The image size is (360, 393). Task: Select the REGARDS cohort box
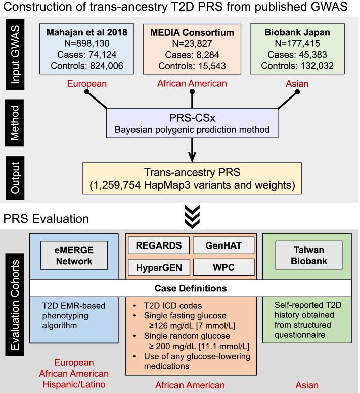(x=158, y=247)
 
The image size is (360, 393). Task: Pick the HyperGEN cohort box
(x=158, y=267)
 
